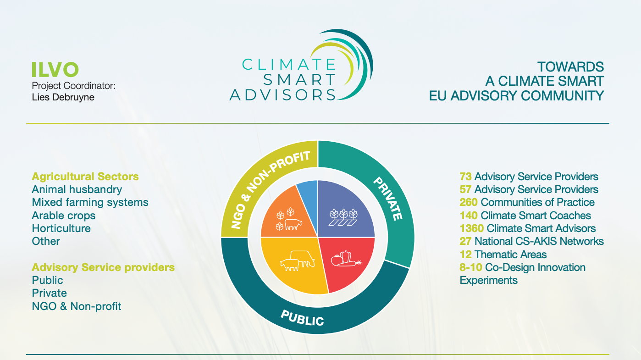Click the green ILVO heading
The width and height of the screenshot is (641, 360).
tap(55, 70)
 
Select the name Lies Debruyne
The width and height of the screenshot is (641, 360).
tap(63, 97)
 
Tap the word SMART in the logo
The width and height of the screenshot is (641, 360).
tap(299, 79)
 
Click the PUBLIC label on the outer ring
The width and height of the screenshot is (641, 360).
tap(302, 318)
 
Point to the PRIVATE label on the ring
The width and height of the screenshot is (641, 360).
tap(388, 199)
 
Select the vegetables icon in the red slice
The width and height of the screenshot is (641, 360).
tap(346, 258)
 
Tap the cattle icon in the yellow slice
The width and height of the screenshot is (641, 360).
tap(298, 260)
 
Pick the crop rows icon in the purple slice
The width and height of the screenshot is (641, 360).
tap(343, 217)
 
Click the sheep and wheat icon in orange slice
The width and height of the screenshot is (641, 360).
tap(289, 219)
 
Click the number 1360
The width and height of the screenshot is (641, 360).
tap(472, 228)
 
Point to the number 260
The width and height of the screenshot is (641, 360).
tap(469, 202)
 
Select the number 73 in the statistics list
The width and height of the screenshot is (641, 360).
tap(465, 177)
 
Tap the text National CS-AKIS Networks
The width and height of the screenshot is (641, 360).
tap(539, 241)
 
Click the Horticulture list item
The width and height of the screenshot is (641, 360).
tap(61, 228)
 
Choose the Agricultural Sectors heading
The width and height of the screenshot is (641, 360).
tap(85, 177)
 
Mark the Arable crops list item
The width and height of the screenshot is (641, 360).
tap(64, 216)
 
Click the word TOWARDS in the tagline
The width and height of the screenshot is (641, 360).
tap(570, 67)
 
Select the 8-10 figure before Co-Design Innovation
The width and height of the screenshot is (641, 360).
tap(471, 267)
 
